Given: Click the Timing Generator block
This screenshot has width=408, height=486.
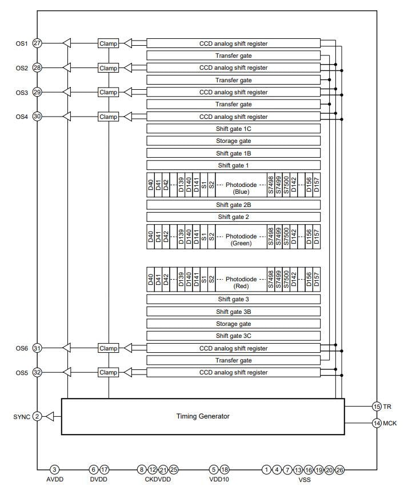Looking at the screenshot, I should (203, 416).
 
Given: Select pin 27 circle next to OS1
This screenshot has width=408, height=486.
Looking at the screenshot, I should (38, 43).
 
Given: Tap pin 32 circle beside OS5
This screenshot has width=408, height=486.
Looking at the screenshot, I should (38, 372).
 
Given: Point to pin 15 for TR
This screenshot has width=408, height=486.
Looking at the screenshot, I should (377, 406).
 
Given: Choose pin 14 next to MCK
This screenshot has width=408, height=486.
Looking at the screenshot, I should (377, 423).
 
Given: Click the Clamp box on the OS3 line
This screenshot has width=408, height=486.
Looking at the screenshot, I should (108, 92).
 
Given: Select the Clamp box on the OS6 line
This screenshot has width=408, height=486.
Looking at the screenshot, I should (108, 348).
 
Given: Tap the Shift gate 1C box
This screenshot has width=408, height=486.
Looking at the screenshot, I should (233, 129).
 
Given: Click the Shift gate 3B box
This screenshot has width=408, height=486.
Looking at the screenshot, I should (233, 312).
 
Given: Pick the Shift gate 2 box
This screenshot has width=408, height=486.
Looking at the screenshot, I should (233, 217).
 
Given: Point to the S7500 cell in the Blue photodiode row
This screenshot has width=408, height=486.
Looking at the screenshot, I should (286, 185).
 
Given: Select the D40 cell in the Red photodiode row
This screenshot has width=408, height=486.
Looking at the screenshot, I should (151, 280).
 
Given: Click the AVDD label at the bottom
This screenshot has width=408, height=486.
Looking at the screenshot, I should (55, 480).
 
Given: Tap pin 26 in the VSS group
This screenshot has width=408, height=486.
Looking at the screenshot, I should (339, 469).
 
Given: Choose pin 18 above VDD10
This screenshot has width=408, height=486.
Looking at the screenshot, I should (225, 469).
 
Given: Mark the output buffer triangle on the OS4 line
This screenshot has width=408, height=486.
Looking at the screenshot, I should (66, 117).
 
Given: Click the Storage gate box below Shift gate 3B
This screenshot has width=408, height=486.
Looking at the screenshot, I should (233, 324).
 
